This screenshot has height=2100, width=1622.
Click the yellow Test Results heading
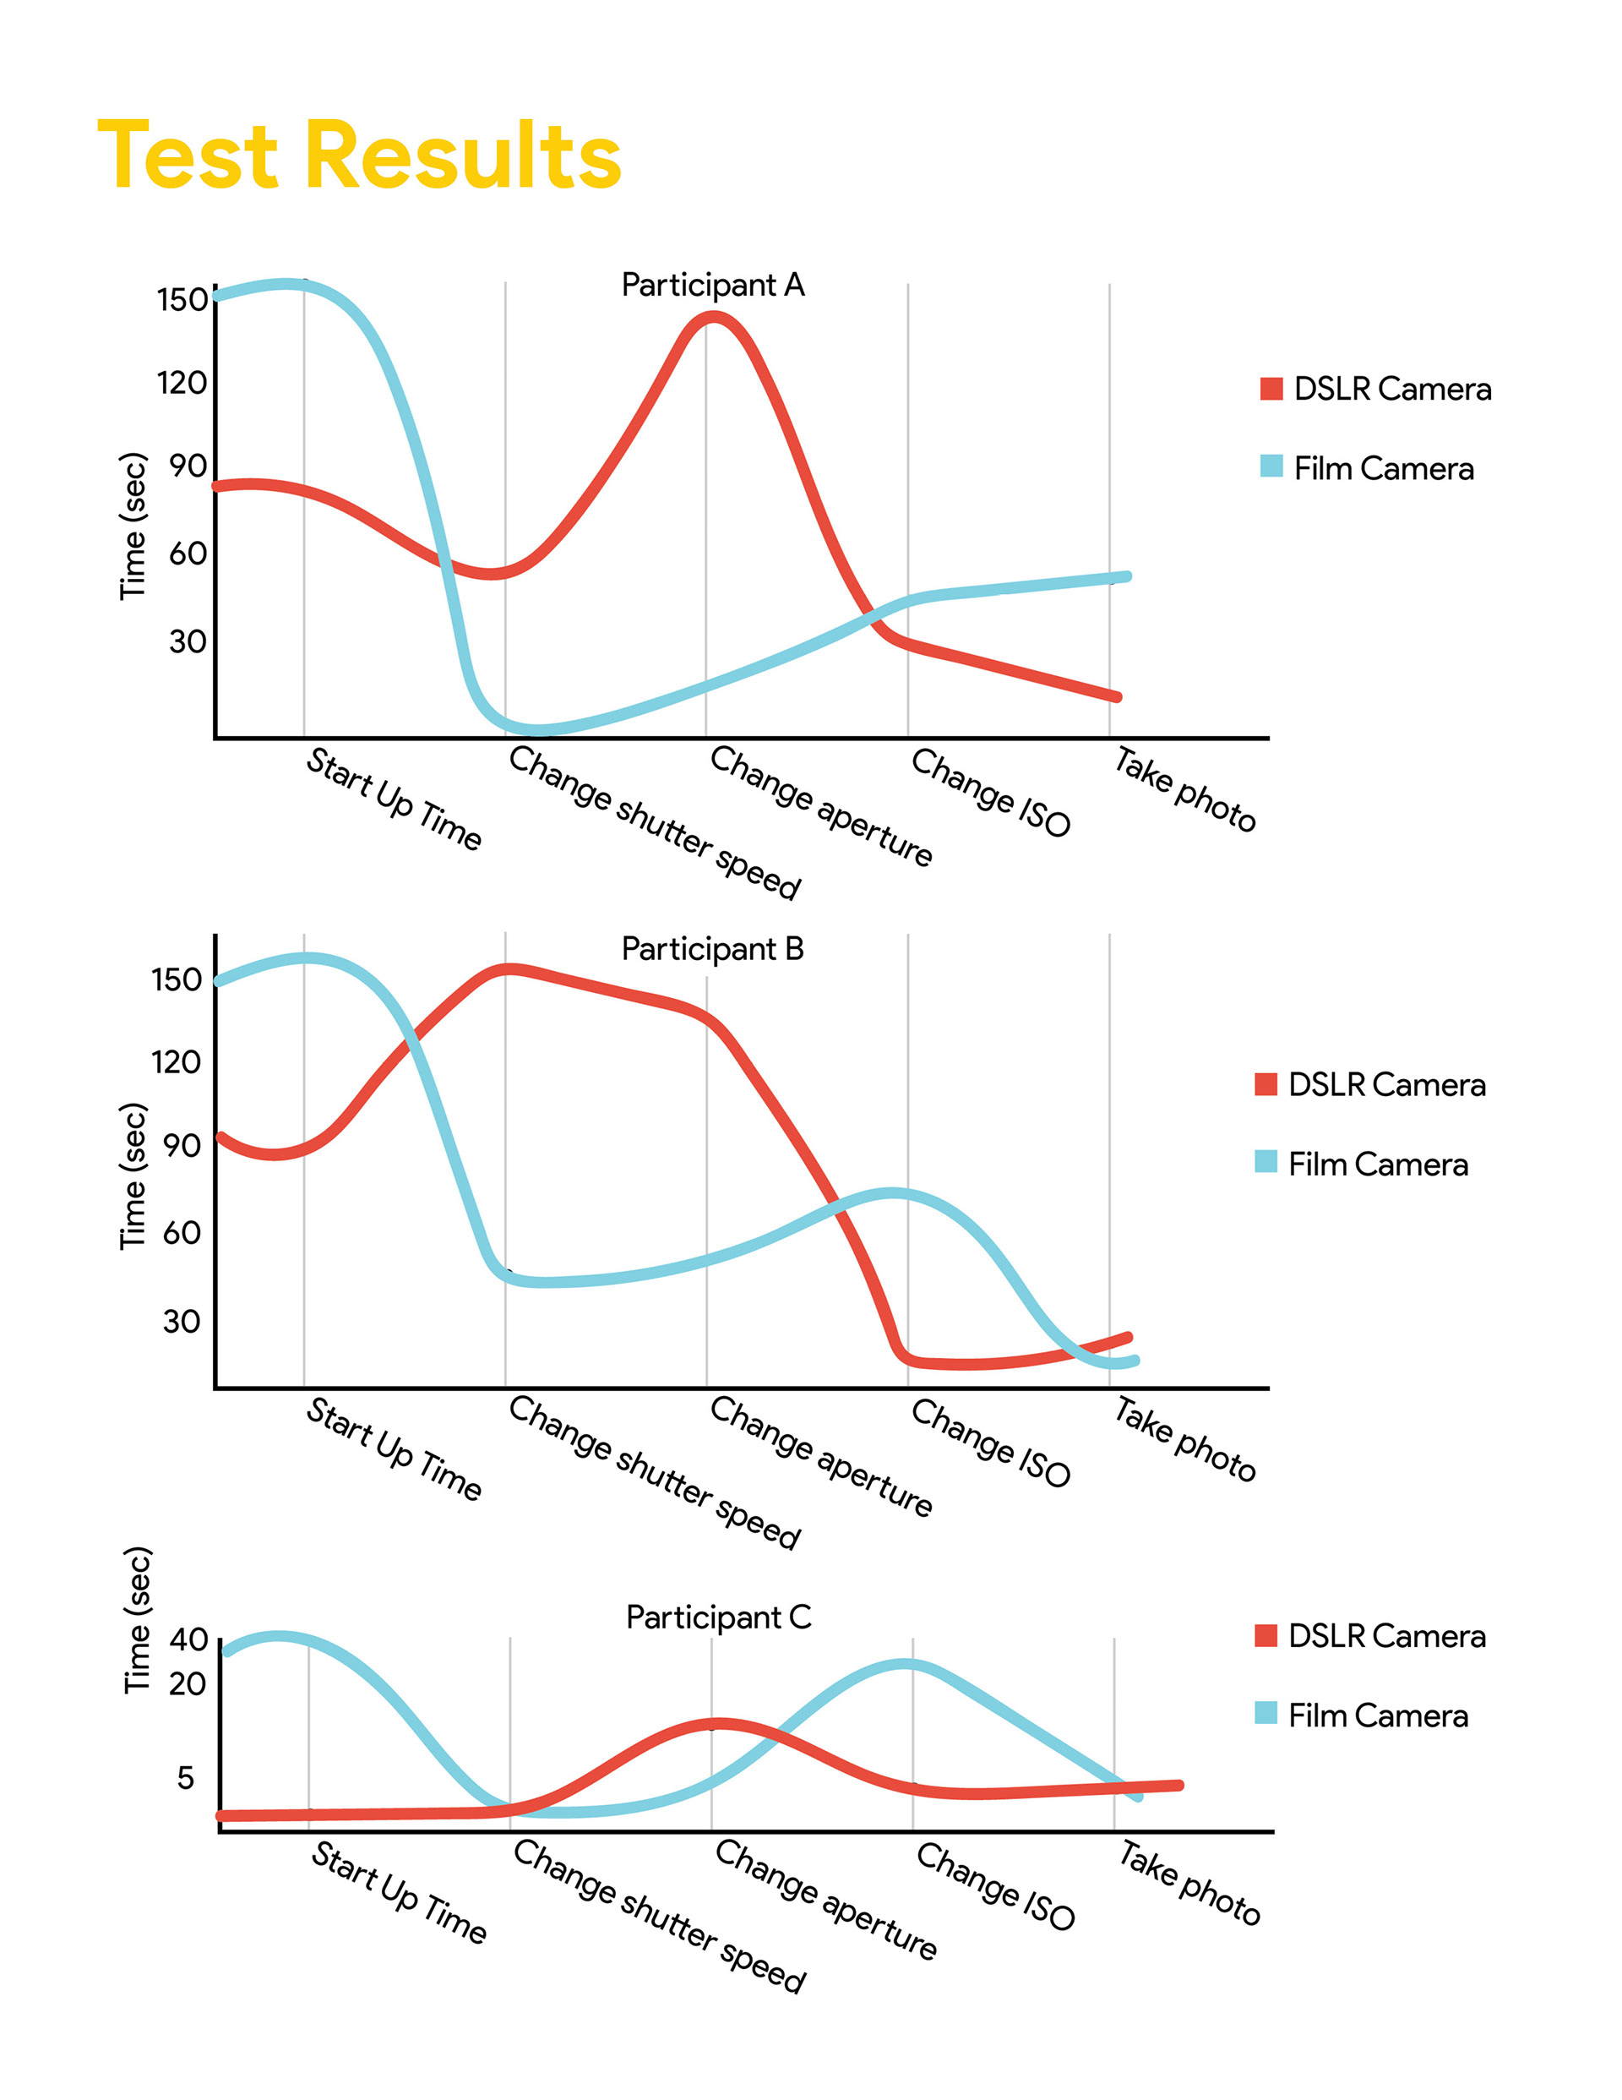point(359,155)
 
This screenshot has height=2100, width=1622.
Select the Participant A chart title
point(712,285)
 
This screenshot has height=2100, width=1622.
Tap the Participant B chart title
point(712,949)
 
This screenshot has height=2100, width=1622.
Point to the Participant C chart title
point(718,1617)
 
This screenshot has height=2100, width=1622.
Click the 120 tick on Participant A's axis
point(182,383)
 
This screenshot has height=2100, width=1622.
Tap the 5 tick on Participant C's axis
point(186,1778)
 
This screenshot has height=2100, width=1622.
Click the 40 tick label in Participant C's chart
point(188,1639)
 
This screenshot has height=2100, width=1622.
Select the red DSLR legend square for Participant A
point(1271,389)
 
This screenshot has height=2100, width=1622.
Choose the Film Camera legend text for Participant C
point(1378,1715)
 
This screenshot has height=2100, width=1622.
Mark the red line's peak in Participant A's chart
point(713,319)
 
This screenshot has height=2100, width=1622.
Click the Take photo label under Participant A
point(1184,790)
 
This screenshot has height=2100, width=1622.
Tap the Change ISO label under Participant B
point(990,1443)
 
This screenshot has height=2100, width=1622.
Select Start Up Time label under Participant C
point(399,1892)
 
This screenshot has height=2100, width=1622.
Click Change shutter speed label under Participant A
point(655,823)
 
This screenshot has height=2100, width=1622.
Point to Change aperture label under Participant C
point(825,1899)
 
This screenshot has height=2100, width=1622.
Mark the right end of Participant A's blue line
point(1126,577)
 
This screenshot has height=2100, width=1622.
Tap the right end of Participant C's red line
point(1178,1786)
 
